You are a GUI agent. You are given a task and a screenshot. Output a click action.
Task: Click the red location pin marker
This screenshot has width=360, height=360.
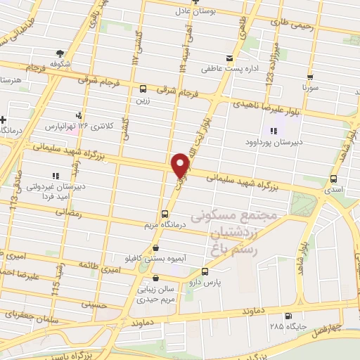point(181,166)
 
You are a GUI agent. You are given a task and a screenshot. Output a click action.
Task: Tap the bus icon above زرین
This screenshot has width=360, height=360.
point(143,89)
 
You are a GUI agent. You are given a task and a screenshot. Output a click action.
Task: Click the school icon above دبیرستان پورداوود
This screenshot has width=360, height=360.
point(274,131)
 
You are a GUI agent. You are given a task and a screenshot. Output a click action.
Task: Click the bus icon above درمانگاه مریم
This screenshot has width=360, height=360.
point(165,214)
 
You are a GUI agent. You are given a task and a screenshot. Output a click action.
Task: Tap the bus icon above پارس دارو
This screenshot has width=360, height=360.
point(205,271)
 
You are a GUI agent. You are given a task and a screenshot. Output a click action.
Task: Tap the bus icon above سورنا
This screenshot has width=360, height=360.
point(309,78)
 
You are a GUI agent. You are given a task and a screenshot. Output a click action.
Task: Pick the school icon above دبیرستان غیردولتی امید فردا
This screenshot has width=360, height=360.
point(55,176)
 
